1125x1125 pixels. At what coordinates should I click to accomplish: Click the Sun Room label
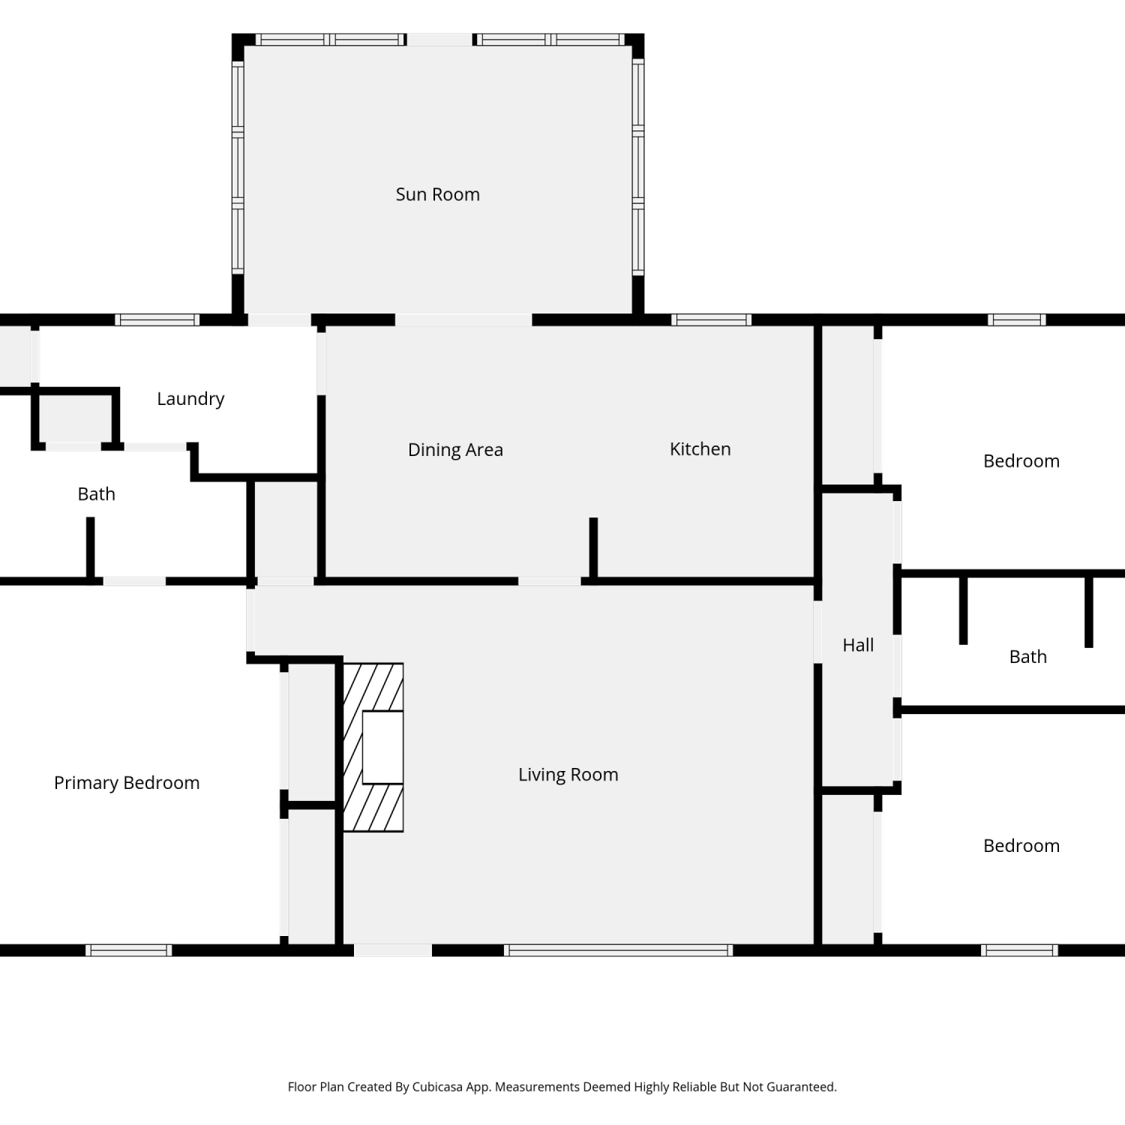pyautogui.click(x=438, y=194)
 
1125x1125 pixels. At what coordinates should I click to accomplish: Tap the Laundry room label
pyautogui.click(x=190, y=399)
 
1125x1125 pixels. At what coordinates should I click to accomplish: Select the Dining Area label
pyautogui.click(x=455, y=450)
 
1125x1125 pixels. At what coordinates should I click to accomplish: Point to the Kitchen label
pyautogui.click(x=700, y=449)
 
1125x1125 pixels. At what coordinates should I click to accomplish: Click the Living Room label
pyautogui.click(x=568, y=775)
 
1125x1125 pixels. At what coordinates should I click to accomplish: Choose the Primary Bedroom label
pyautogui.click(x=127, y=783)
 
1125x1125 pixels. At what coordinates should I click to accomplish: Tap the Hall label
pyautogui.click(x=858, y=645)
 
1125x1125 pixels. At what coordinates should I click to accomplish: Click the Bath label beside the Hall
pyautogui.click(x=1027, y=657)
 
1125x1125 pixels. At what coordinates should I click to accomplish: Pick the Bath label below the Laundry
pyautogui.click(x=97, y=494)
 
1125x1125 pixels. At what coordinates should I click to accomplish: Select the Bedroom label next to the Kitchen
pyautogui.click(x=1021, y=461)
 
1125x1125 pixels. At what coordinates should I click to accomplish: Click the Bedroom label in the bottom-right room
pyautogui.click(x=1021, y=846)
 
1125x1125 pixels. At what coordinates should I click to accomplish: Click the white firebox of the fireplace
pyautogui.click(x=382, y=747)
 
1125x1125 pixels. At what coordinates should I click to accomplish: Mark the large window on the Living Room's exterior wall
pyautogui.click(x=619, y=950)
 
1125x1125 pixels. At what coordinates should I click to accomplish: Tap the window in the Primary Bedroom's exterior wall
pyautogui.click(x=129, y=950)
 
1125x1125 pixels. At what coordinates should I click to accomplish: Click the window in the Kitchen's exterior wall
pyautogui.click(x=711, y=320)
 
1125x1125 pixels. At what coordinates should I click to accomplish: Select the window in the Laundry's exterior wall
pyautogui.click(x=157, y=320)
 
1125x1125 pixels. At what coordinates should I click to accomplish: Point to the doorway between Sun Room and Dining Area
pyautogui.click(x=463, y=320)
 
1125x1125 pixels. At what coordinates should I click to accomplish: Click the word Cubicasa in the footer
pyautogui.click(x=437, y=1087)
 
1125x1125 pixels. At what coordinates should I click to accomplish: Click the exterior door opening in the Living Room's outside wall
pyautogui.click(x=393, y=950)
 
